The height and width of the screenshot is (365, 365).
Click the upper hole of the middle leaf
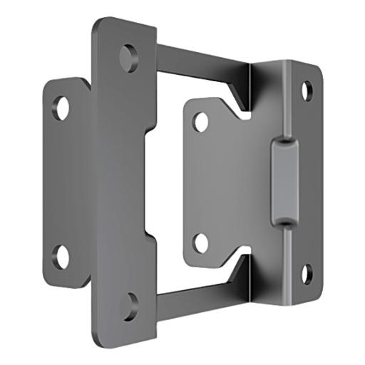pyautogui.click(x=202, y=121)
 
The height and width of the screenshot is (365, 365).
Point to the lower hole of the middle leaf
pyautogui.click(x=202, y=242)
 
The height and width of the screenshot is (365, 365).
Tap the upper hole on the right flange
pyautogui.click(x=307, y=91)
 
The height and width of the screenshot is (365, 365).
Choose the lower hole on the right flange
pyautogui.click(x=307, y=273)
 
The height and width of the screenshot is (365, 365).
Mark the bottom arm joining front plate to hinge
pyautogui.click(x=200, y=300)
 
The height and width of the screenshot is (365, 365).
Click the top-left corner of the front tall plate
pyautogui.click(x=96, y=21)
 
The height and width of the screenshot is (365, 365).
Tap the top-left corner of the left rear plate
pyautogui.click(x=47, y=82)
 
